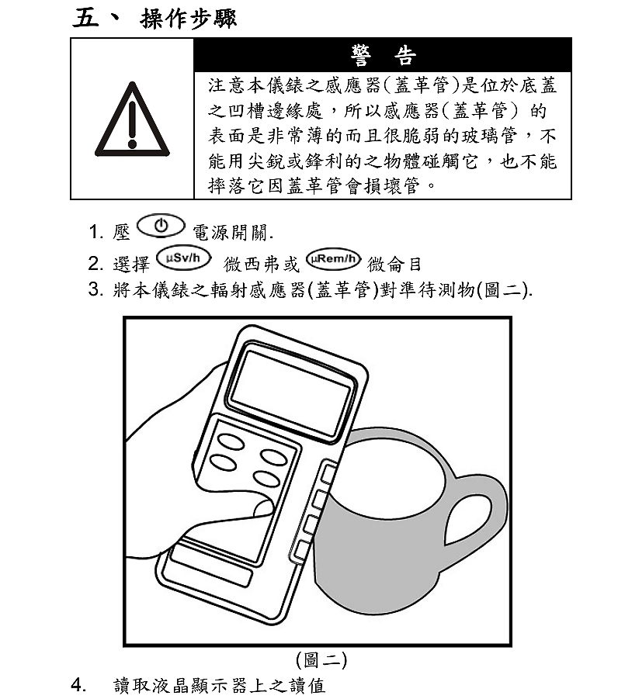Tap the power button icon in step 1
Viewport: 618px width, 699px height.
pyautogui.click(x=161, y=226)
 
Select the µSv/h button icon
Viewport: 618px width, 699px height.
pyautogui.click(x=183, y=258)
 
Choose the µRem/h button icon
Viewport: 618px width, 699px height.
pyautogui.click(x=333, y=259)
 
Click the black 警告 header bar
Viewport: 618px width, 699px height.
pyautogui.click(x=383, y=55)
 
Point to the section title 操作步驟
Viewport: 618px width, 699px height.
pyautogui.click(x=188, y=19)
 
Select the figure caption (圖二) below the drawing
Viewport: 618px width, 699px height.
pyautogui.click(x=321, y=660)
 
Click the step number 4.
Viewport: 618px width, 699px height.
pyautogui.click(x=78, y=684)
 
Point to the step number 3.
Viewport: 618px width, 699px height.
pyautogui.click(x=95, y=289)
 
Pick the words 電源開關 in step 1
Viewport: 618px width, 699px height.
pyautogui.click(x=231, y=232)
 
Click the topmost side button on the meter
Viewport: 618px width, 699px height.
pyautogui.click(x=328, y=473)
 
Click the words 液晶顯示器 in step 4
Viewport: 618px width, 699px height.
pyautogui.click(x=199, y=686)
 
